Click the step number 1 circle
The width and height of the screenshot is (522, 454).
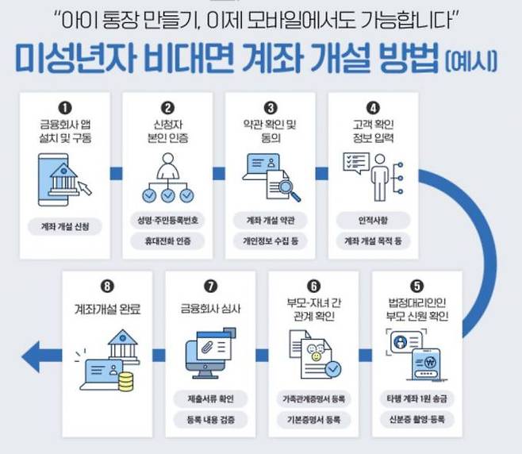(65, 106)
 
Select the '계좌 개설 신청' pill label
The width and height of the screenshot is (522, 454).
(65, 227)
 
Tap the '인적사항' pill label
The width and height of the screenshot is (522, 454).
(372, 218)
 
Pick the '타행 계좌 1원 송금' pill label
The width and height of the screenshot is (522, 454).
(416, 397)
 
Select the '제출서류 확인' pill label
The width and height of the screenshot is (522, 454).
(210, 397)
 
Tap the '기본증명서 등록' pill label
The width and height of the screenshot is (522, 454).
(313, 418)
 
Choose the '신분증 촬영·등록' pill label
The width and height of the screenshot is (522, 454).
(416, 418)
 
